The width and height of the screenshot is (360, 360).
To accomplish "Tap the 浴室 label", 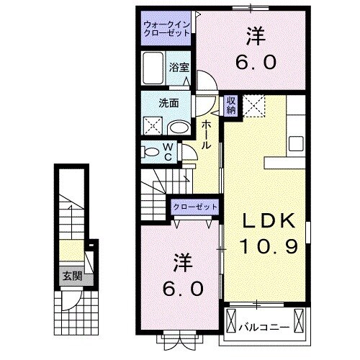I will pyautogui.click(x=179, y=68).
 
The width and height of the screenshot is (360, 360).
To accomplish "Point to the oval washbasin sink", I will pyautogui.click(x=179, y=128).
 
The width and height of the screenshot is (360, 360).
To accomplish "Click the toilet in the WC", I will pyautogui.click(x=152, y=152).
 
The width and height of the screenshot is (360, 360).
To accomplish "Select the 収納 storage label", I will pyautogui.click(x=231, y=104).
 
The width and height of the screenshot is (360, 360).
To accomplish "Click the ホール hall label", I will pyautogui.click(x=206, y=134).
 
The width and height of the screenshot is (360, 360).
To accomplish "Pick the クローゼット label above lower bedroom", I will pyautogui.click(x=194, y=207).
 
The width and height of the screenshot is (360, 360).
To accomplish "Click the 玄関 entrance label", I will pyautogui.click(x=70, y=276).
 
